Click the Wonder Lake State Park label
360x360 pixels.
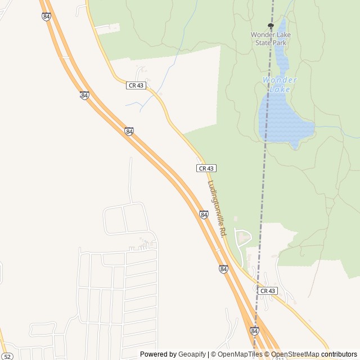tap(271, 38)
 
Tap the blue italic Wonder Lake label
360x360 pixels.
tap(280, 84)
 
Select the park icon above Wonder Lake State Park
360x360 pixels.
tap(271, 25)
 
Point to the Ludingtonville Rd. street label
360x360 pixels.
tap(217, 208)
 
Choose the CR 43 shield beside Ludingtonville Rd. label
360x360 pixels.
tap(206, 168)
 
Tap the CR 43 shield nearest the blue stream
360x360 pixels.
tap(136, 85)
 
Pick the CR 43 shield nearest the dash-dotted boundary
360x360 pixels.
tap(268, 290)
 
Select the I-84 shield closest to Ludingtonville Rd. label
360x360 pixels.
tap(204, 214)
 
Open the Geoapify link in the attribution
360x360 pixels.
tap(192, 354)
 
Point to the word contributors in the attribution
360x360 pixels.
tap(339, 354)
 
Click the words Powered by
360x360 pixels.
tap(158, 354)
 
